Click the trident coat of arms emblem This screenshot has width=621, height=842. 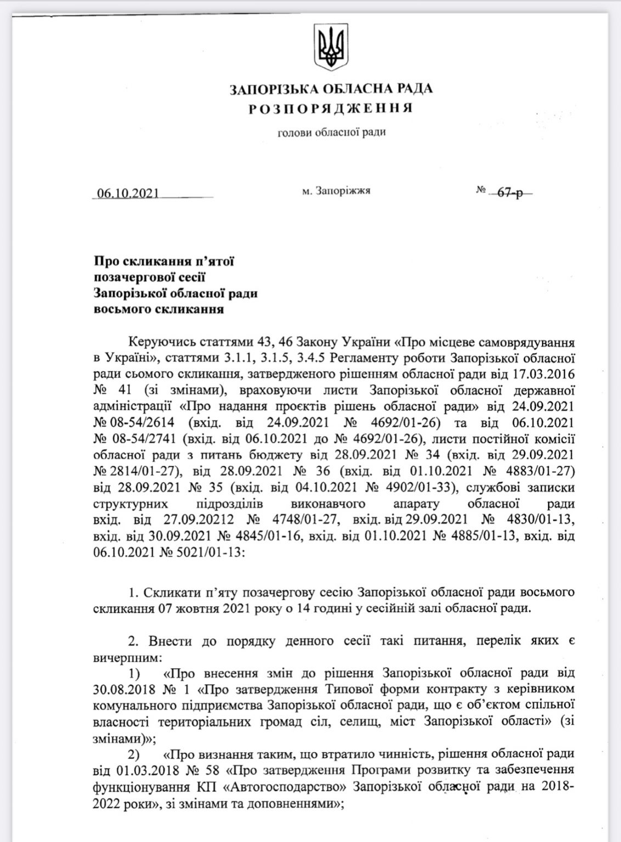(330, 44)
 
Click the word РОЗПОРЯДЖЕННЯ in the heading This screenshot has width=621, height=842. (330, 109)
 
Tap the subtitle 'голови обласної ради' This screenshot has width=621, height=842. (331, 132)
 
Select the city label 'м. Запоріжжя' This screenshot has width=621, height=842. (336, 191)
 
